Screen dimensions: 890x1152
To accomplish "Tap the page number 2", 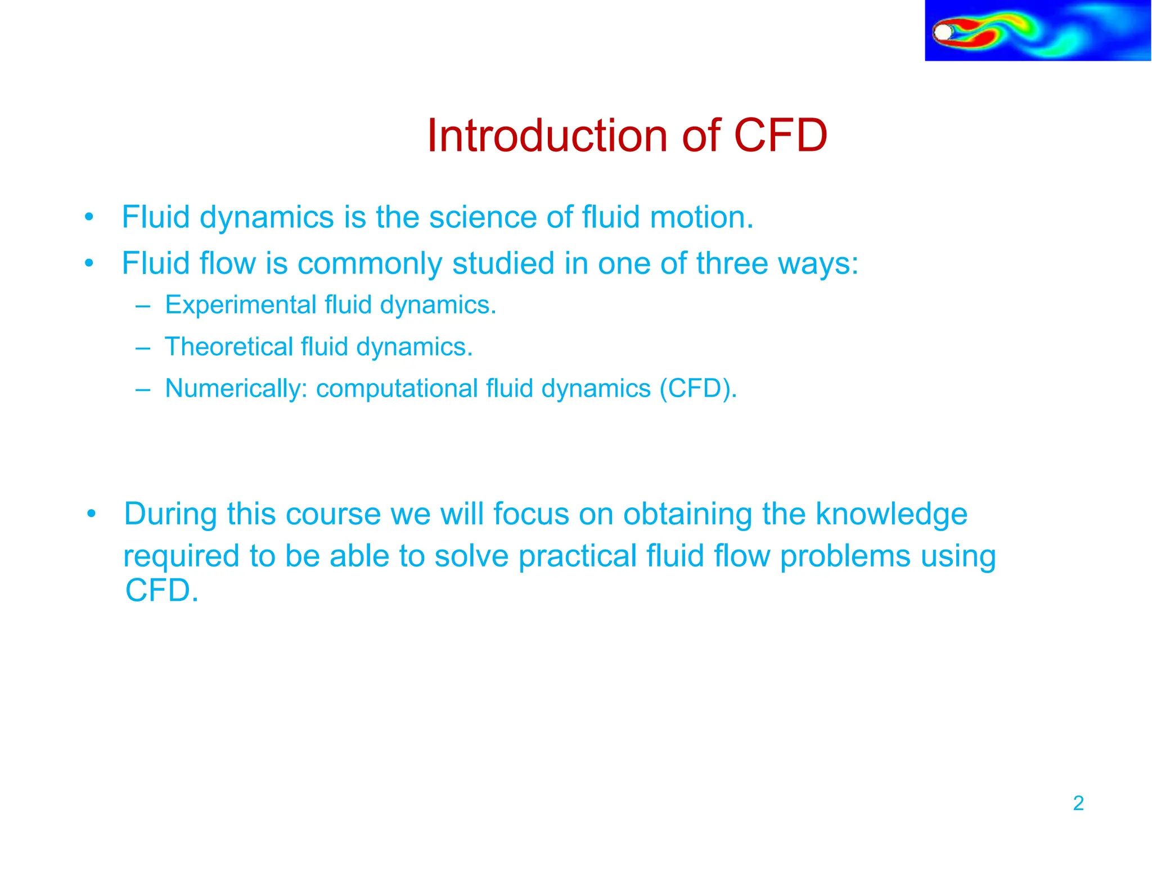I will pos(1078,803).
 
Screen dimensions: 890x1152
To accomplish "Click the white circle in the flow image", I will pos(943,32).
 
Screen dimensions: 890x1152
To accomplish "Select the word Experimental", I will pos(241,305).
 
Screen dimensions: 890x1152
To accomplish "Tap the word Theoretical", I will pos(228,347).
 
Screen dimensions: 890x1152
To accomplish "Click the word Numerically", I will pos(236,389).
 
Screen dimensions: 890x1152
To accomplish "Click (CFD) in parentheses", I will pos(697,389).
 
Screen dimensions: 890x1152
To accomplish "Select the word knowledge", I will pos(891,515).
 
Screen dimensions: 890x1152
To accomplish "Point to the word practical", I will pos(577,556).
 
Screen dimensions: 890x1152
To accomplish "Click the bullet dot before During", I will pos(92,514).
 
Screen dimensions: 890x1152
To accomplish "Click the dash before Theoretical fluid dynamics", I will pos(143,348).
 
